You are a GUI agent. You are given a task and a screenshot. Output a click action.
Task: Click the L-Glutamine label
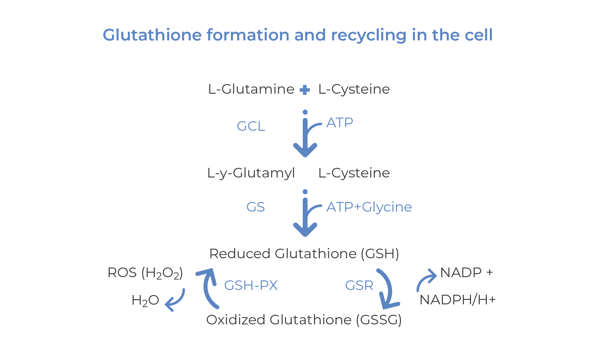coord(251,89)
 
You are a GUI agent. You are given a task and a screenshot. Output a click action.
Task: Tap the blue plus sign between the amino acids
coord(305,90)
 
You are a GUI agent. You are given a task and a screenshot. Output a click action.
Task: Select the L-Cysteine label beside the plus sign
coord(354,89)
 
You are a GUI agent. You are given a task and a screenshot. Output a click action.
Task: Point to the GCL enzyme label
coord(251,126)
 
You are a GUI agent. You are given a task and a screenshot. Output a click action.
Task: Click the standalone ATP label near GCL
coord(340,123)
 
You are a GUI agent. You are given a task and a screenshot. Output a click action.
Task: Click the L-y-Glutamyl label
coord(251,173)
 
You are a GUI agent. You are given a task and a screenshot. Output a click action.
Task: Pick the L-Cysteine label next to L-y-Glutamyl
coord(354,173)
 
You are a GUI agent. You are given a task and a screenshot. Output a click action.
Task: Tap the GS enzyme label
coord(255,207)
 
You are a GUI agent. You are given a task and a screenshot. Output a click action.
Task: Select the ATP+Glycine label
coord(369,207)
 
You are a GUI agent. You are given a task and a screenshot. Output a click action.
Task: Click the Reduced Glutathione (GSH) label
coord(304,254)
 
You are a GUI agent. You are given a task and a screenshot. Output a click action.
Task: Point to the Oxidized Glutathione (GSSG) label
coord(304,320)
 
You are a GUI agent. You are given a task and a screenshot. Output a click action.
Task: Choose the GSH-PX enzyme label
coord(251,285)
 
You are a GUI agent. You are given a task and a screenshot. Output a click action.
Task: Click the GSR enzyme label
coord(359,285)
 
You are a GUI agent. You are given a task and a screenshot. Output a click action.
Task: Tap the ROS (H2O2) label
coord(145,273)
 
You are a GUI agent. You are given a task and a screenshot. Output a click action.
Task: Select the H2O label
coord(145,300)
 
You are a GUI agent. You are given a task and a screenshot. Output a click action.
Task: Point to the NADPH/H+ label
coord(457,300)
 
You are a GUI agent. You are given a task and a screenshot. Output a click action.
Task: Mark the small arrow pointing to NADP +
coord(426,280)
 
